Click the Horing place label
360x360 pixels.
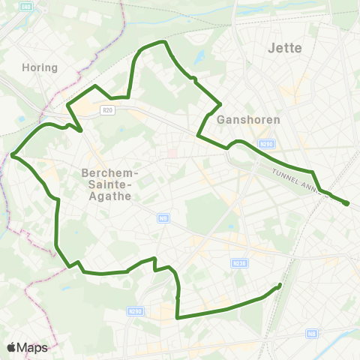click(40, 67)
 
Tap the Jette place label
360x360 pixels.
click(284, 48)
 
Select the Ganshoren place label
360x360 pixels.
click(247, 119)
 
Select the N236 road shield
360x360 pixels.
click(239, 263)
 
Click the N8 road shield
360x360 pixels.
click(312, 333)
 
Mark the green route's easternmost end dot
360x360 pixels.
click(346, 203)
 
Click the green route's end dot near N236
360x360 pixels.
click(280, 285)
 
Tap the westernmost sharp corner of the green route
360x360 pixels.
click(13, 155)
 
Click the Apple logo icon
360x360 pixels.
click(11, 348)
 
